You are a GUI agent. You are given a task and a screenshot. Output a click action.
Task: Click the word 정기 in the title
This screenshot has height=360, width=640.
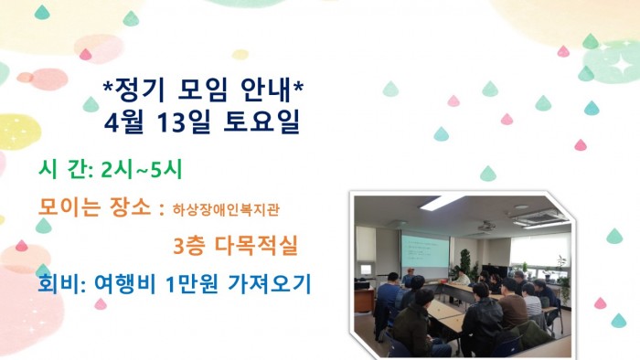coord(136,90)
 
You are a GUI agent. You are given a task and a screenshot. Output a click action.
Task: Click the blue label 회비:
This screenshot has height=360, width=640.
coord(62,284)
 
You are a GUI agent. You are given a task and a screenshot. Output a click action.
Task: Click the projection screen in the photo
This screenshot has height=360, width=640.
coord(425,251)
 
